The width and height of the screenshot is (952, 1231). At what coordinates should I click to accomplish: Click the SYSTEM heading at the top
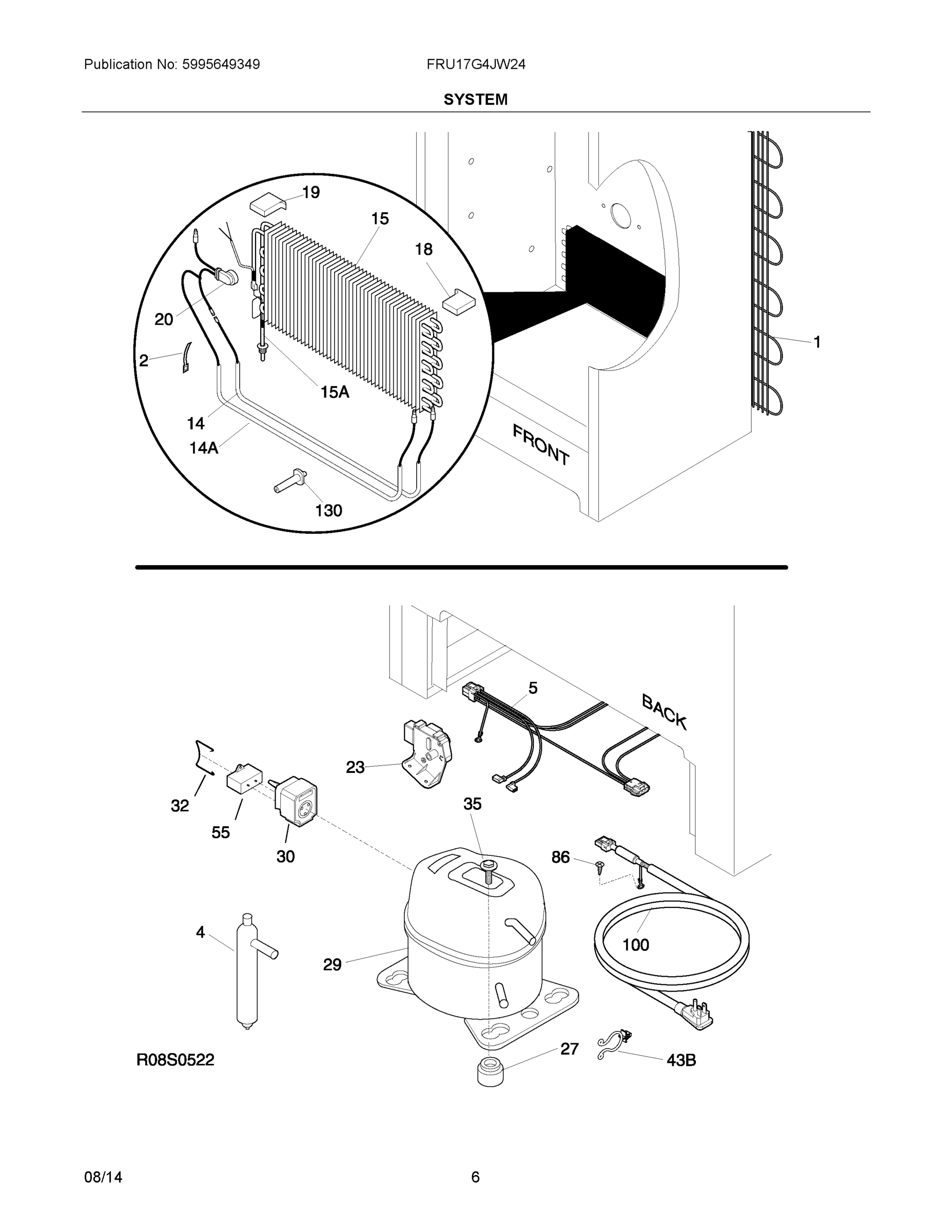[x=475, y=100]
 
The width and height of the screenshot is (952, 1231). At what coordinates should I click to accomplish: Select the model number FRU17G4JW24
[x=475, y=65]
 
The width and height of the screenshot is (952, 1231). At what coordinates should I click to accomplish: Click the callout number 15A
[x=335, y=392]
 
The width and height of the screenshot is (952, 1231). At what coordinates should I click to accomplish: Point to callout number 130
[x=328, y=511]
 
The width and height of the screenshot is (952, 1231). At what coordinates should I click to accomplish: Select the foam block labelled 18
[x=458, y=301]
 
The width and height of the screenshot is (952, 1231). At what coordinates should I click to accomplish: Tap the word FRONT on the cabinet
[x=540, y=445]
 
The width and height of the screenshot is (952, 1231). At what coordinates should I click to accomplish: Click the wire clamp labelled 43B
[x=613, y=1044]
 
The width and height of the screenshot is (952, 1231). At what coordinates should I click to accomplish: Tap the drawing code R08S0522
[x=176, y=1060]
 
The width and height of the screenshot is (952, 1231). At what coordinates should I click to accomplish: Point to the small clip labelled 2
[x=186, y=358]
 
